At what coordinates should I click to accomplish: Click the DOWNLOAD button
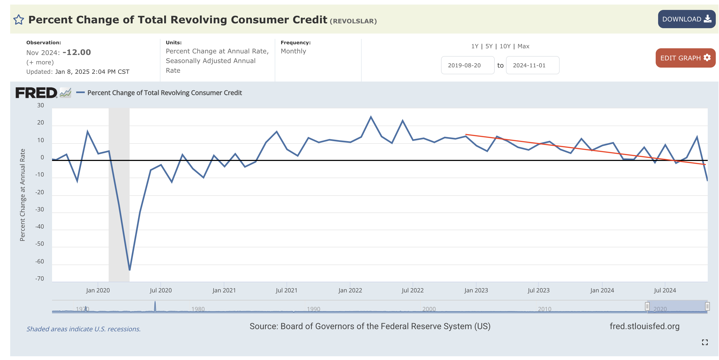click(x=686, y=19)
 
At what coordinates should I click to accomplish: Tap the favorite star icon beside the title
click(x=19, y=20)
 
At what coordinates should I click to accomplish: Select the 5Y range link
click(x=489, y=46)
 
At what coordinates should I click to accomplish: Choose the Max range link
click(x=523, y=46)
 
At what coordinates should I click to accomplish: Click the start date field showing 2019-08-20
click(x=467, y=65)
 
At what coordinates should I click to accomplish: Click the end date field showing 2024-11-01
click(x=532, y=65)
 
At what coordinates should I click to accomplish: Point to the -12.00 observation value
click(x=77, y=52)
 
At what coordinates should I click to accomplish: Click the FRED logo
click(x=36, y=93)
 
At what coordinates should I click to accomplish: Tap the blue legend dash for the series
click(x=80, y=92)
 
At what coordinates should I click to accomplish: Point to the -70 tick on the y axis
click(x=40, y=278)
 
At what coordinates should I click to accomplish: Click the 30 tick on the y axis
click(x=41, y=105)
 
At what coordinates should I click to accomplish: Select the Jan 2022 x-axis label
click(x=350, y=290)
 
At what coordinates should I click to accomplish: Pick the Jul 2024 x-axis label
click(x=665, y=290)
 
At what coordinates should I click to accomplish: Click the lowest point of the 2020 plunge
click(x=130, y=270)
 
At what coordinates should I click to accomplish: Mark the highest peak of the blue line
click(x=371, y=117)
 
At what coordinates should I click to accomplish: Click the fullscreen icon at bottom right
click(x=705, y=342)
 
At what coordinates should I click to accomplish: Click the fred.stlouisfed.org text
click(x=644, y=326)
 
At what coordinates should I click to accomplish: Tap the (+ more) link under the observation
click(x=40, y=62)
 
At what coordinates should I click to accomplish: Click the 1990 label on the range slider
click(x=313, y=309)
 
